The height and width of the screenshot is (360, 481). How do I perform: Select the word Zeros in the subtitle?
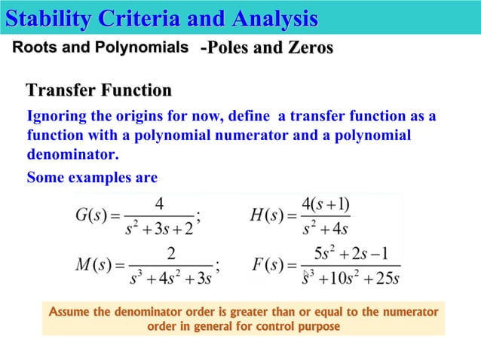tap(308, 48)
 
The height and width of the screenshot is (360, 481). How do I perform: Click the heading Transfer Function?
tap(99, 91)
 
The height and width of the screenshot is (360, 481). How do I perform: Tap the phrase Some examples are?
tap(91, 178)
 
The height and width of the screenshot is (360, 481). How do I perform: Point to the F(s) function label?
tap(268, 265)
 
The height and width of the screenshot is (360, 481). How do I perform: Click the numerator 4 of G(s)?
tap(159, 203)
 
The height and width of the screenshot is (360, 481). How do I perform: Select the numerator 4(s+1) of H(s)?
tap(325, 203)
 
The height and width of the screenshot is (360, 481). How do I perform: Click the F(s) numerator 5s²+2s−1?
tap(348, 253)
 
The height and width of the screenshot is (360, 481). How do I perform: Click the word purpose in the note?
tap(315, 326)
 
